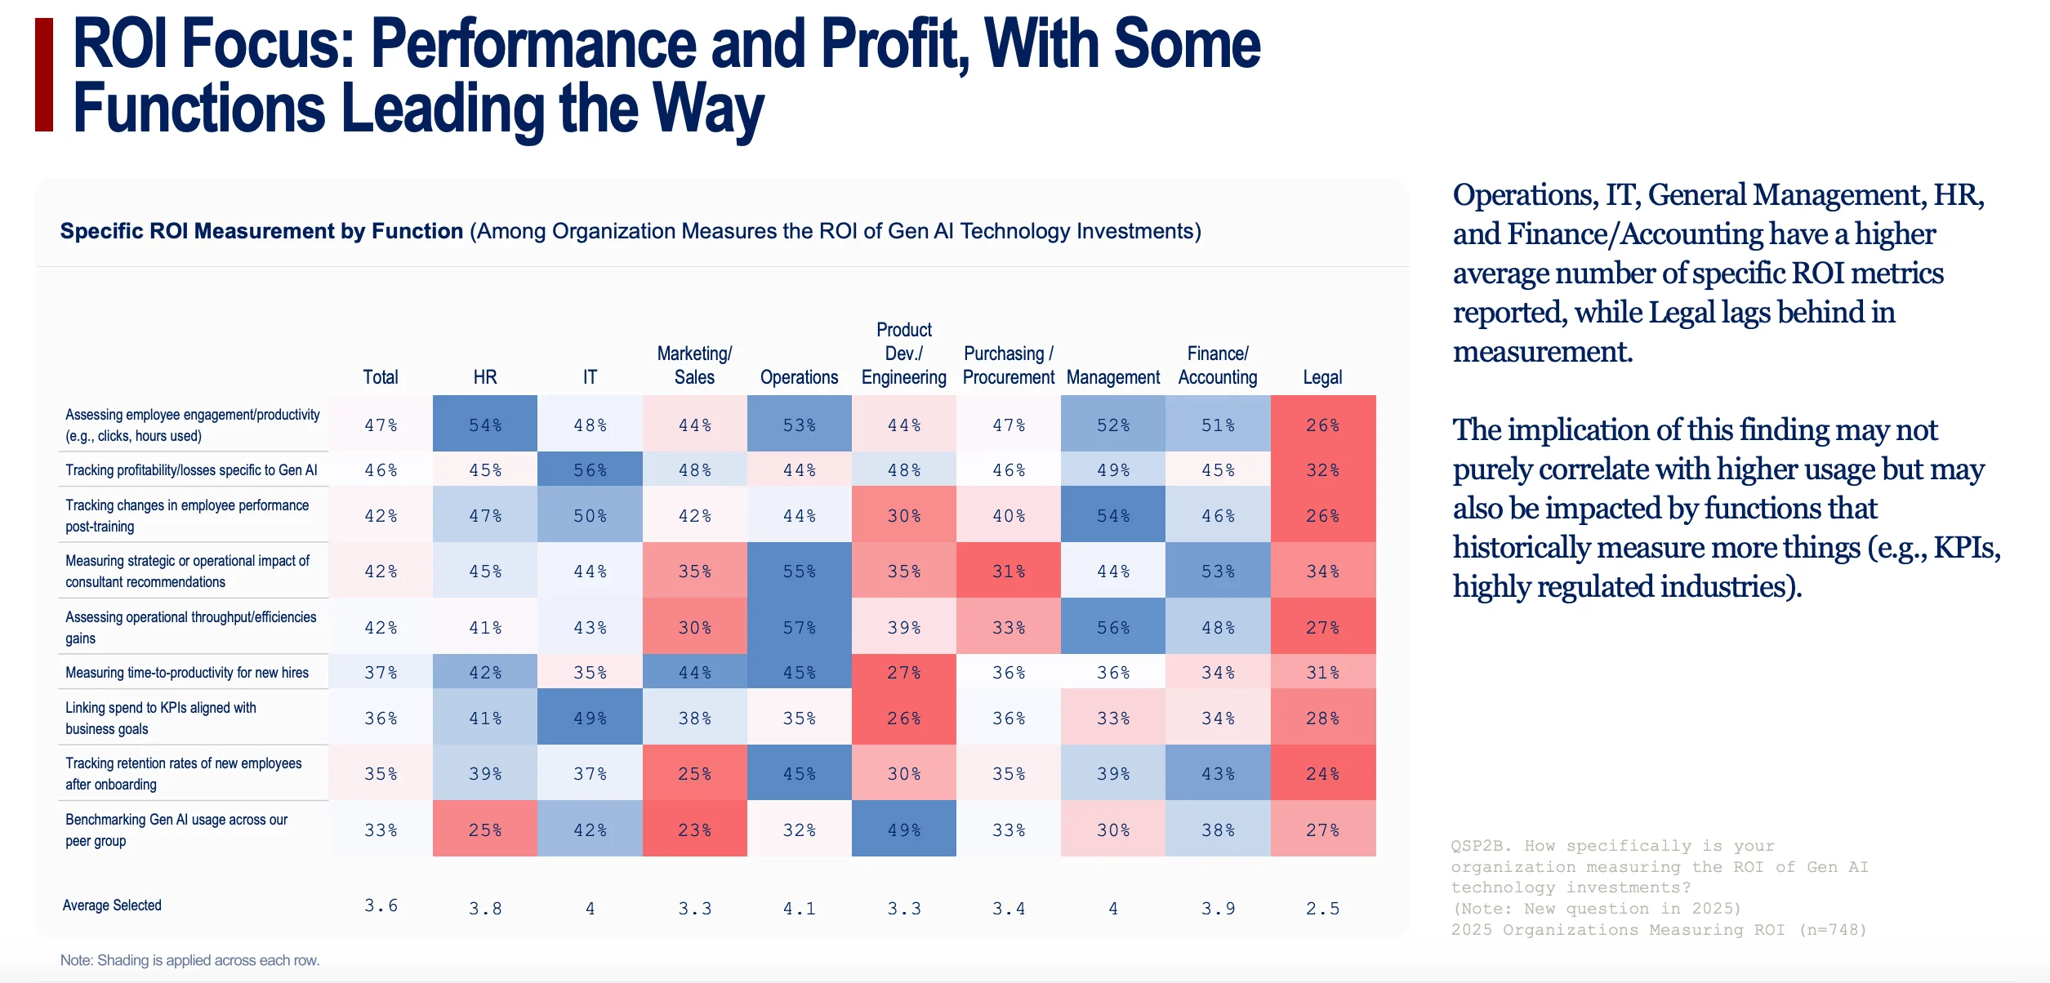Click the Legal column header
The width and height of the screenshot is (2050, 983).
1322,377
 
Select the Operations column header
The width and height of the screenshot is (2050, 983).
799,377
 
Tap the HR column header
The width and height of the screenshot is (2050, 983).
485,377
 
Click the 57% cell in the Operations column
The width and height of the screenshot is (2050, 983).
800,627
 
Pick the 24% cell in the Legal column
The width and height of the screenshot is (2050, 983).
1323,773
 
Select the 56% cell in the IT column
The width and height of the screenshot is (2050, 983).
590,470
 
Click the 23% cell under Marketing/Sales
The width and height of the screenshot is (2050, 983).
695,830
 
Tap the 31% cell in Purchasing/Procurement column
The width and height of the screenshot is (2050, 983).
1009,572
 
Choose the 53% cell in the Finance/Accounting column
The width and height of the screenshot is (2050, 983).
1218,572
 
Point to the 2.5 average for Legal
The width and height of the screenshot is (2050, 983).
1323,908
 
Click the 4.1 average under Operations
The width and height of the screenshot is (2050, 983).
800,908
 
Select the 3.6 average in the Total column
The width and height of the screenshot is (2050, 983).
381,905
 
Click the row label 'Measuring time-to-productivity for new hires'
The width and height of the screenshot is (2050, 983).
187,673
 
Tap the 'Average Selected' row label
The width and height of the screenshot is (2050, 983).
112,905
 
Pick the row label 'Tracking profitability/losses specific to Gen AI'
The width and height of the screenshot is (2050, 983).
191,470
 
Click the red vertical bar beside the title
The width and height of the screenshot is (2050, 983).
44,75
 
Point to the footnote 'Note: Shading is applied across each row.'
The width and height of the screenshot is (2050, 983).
190,960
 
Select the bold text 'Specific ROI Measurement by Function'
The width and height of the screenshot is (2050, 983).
261,231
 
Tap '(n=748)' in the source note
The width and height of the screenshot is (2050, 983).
1833,930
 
